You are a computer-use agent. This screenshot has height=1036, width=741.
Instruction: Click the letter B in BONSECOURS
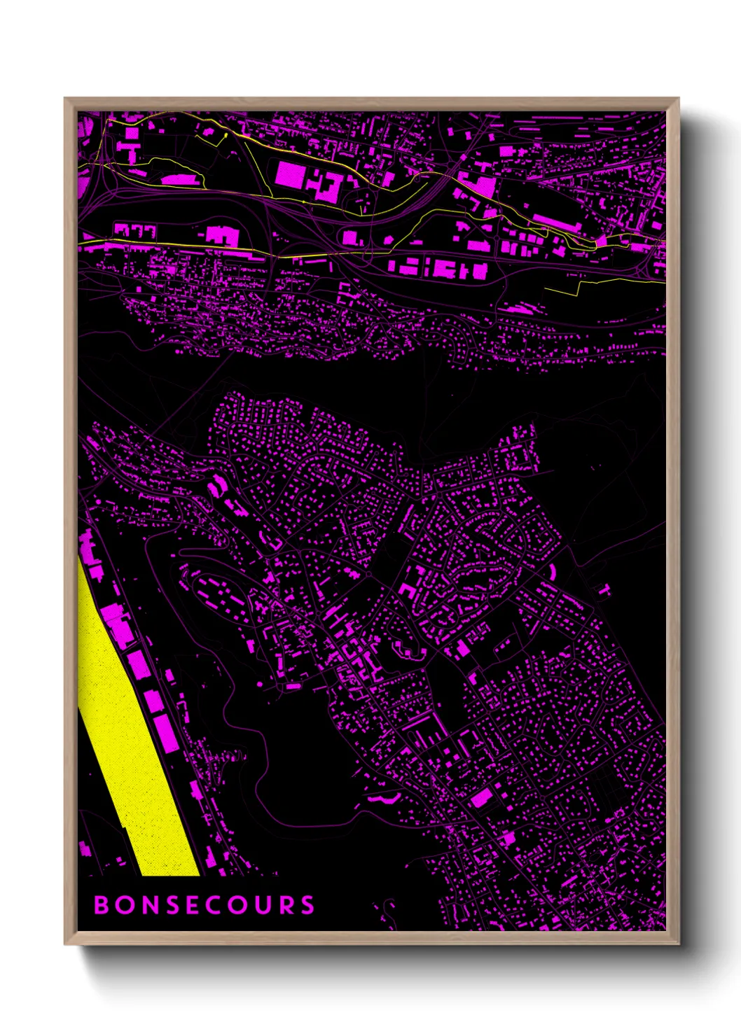point(102,905)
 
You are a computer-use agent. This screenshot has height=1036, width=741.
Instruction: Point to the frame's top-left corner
point(65,99)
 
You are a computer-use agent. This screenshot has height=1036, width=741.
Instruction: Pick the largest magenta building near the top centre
point(290,174)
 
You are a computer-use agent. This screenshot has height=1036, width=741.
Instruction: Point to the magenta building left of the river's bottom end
point(85,850)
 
